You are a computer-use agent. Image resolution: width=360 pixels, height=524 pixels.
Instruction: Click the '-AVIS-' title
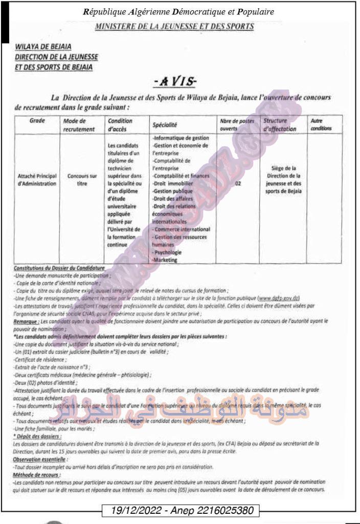(175, 81)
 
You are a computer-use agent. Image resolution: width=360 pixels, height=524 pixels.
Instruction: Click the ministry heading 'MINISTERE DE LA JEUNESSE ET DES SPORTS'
(174, 26)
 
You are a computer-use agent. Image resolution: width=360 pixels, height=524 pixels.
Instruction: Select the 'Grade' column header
(37, 121)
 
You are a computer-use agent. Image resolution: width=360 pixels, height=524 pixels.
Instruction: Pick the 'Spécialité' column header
(165, 124)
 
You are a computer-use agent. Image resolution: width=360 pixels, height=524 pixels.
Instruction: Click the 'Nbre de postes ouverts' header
(237, 125)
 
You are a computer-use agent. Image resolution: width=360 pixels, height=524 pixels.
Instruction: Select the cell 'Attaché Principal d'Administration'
(37, 180)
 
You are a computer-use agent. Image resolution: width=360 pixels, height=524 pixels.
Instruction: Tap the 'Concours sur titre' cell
(82, 180)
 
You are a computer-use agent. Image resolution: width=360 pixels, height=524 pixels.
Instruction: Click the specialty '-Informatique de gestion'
(180, 138)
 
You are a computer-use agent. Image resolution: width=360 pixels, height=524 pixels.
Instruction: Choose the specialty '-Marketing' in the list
(165, 260)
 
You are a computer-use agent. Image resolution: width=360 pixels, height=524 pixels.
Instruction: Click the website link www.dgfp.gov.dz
(278, 297)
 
